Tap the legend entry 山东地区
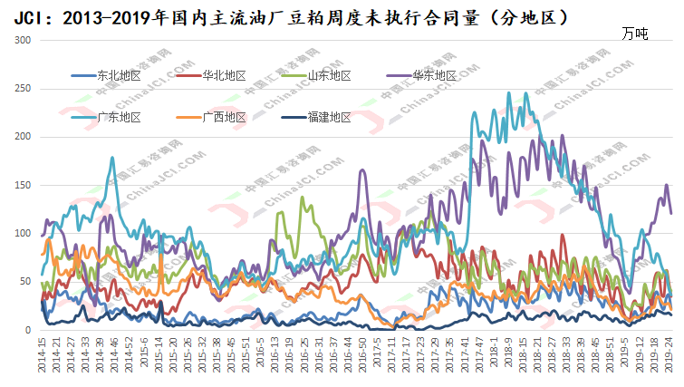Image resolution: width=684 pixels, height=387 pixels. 329,75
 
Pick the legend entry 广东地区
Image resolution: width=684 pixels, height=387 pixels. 118,117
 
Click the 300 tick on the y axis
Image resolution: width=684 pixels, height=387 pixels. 24,41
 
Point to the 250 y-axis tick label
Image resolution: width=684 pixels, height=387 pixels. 24,89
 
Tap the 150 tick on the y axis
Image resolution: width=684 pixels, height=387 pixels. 24,185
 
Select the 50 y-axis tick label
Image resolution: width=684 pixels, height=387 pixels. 26,282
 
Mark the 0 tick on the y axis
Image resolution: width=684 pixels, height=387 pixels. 29,330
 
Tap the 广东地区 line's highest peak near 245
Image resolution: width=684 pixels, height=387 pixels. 510,92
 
